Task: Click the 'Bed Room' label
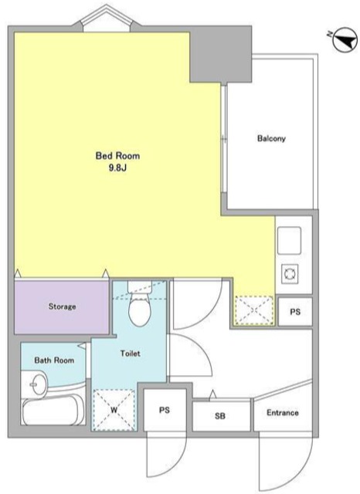tap(117, 156)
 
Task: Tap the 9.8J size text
tap(117, 168)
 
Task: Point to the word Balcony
tap(271, 138)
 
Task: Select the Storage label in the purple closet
tap(62, 306)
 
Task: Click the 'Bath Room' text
tap(54, 360)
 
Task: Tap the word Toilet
tap(131, 354)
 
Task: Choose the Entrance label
tap(283, 413)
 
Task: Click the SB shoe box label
tap(220, 416)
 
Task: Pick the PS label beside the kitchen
tap(295, 312)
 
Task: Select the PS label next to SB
tap(165, 410)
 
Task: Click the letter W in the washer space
tap(114, 410)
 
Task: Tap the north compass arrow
tap(345, 40)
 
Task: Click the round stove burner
tap(289, 273)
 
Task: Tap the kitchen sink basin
tap(289, 241)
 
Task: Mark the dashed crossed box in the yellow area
tap(254, 310)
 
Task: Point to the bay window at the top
tap(107, 18)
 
